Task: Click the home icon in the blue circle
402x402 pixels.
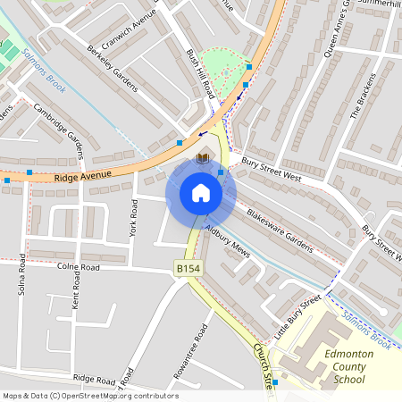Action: (201, 193)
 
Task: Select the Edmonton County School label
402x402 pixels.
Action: (337, 366)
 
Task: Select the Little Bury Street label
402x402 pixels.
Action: (297, 318)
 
